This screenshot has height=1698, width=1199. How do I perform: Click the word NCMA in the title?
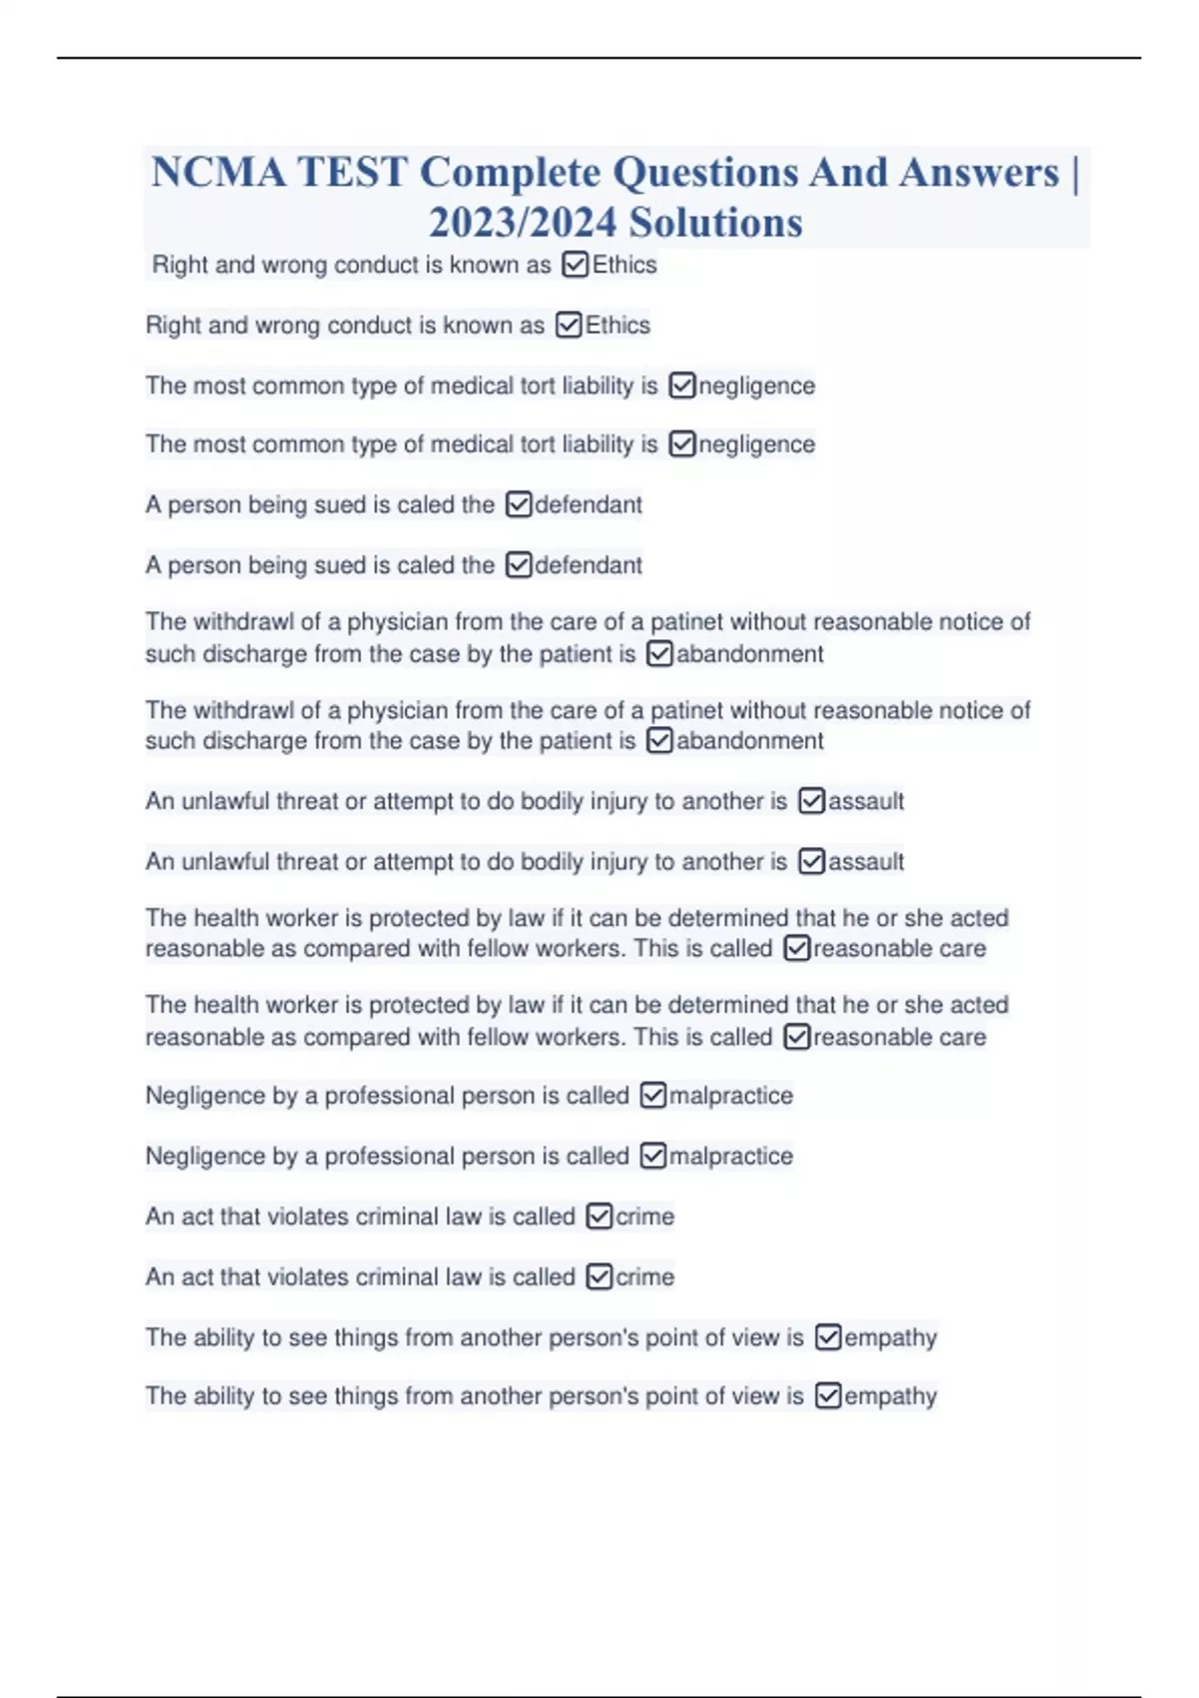pos(218,173)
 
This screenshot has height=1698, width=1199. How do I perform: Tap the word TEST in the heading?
pos(353,173)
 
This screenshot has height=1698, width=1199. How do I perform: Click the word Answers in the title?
pos(978,173)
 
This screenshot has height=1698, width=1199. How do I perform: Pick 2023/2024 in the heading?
pos(519,223)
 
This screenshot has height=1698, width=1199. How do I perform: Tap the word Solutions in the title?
pos(715,223)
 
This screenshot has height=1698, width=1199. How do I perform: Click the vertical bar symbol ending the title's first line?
pos(1074,173)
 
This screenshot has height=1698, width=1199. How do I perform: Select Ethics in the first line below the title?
pos(624,265)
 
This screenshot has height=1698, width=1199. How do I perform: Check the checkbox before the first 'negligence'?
pos(681,386)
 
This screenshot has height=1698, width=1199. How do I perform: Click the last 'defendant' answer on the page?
pos(589,565)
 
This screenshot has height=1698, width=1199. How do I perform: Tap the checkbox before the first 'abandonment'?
pos(659,654)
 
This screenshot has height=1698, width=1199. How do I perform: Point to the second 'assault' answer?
pos(865,861)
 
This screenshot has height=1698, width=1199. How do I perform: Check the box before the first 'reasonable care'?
pos(796,948)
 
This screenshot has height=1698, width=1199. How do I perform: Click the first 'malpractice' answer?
pos(730,1096)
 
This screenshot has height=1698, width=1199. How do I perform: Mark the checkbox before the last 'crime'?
pos(599,1276)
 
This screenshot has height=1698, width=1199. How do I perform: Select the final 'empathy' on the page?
pos(890,1395)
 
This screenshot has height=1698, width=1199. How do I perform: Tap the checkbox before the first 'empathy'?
pos(827,1336)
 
